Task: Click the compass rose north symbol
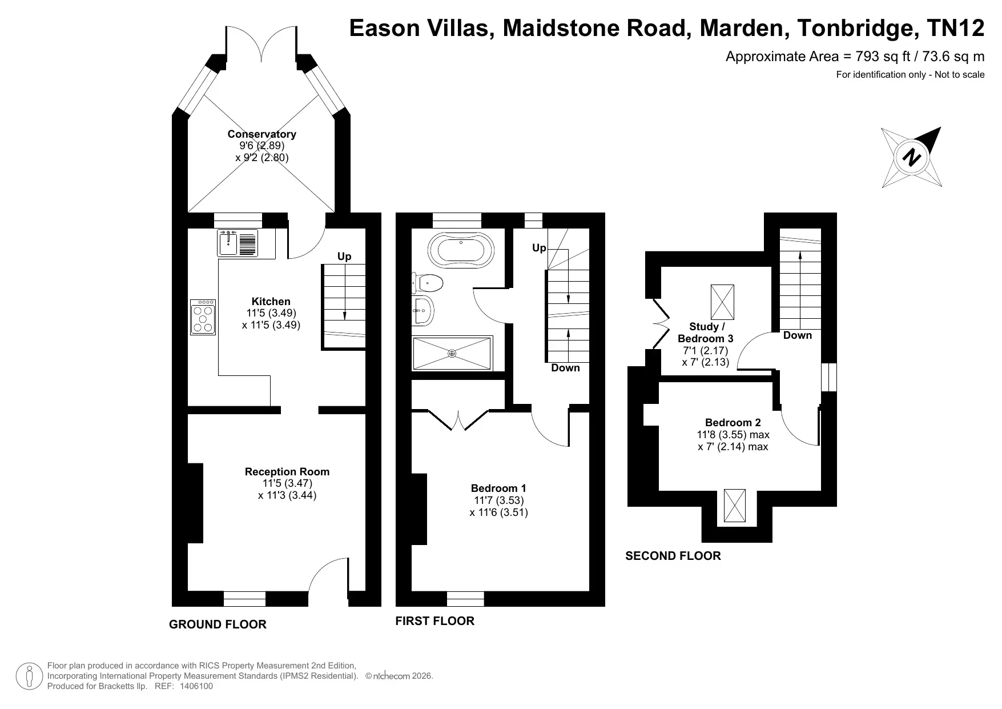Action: click(x=911, y=157)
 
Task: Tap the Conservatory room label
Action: click(x=262, y=134)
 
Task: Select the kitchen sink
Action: click(x=238, y=243)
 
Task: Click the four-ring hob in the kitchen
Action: click(x=203, y=317)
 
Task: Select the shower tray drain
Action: click(x=452, y=354)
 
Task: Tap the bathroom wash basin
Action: click(x=422, y=311)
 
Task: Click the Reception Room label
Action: click(x=287, y=472)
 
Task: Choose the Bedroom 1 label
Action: click(x=498, y=488)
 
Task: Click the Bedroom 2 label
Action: click(x=733, y=423)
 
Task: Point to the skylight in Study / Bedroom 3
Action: click(x=722, y=302)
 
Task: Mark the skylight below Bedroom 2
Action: click(x=735, y=505)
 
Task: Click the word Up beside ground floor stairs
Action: click(x=344, y=257)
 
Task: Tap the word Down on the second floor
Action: click(x=798, y=335)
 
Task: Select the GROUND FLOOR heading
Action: click(x=218, y=624)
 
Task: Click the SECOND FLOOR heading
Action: click(x=673, y=556)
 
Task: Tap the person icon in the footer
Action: click(x=29, y=676)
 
